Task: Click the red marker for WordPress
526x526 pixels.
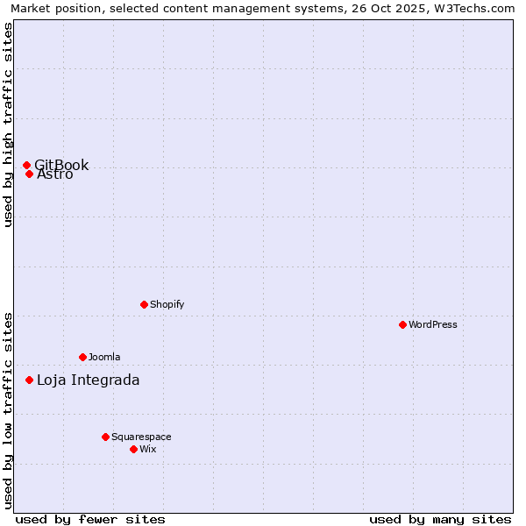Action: tap(402, 324)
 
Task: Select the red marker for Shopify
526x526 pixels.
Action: tap(144, 304)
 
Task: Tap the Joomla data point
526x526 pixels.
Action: tap(82, 357)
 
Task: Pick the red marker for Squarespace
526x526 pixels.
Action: tap(105, 437)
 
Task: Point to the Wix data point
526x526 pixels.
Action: tap(133, 449)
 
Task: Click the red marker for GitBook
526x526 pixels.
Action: tap(26, 165)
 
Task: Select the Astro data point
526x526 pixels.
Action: tap(29, 174)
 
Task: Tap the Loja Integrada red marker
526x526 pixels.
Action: tap(29, 380)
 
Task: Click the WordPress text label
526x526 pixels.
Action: tap(433, 324)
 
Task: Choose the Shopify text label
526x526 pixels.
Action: tap(167, 304)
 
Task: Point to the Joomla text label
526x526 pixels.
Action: tap(104, 357)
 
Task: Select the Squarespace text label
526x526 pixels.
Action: tap(141, 437)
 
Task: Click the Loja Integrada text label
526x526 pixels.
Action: tap(88, 380)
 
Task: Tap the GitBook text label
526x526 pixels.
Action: tap(62, 164)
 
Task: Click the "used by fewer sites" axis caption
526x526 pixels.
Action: tap(90, 519)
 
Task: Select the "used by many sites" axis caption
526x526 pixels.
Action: tap(440, 519)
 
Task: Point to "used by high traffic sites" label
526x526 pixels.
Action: tap(8, 124)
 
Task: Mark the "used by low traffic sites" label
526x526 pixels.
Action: tap(8, 409)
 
